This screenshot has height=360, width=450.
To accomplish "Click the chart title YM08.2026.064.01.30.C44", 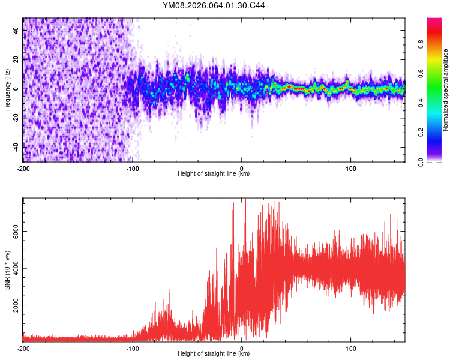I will [214, 7].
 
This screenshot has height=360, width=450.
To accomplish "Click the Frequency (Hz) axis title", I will [8, 89].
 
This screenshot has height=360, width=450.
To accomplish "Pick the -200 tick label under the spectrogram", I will [23, 167].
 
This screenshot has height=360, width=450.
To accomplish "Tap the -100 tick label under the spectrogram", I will [133, 167].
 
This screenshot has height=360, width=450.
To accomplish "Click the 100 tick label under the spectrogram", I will [350, 167].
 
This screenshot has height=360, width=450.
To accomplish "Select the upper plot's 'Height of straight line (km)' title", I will [214, 174].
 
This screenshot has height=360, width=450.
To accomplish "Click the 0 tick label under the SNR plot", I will [242, 347].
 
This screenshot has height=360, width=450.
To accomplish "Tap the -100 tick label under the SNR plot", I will [133, 347].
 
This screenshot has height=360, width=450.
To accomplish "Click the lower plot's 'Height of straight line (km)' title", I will [214, 354].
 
